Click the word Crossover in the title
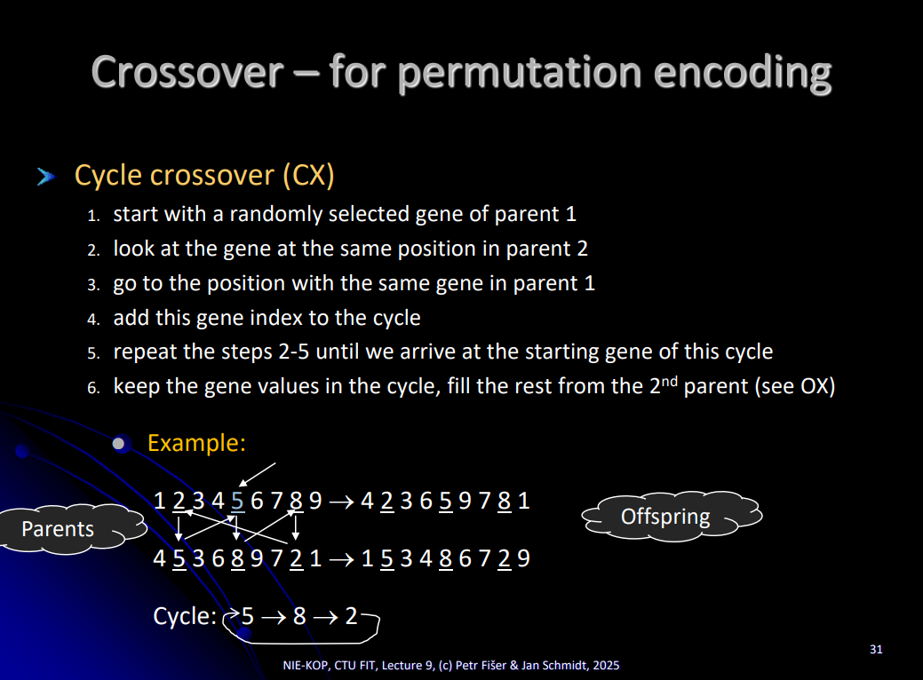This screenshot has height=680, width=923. point(187,72)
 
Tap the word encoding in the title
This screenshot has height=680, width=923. point(743,74)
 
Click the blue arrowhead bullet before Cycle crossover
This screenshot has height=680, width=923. point(46,176)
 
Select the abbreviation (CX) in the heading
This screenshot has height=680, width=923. point(308,175)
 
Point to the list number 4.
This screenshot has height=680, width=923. point(93,319)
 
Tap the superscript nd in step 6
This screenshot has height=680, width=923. point(669,381)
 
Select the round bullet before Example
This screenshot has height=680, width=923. point(119,444)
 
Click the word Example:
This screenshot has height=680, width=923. point(196,442)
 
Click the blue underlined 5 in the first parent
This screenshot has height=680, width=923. point(237,502)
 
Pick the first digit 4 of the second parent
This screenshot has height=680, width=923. point(160,558)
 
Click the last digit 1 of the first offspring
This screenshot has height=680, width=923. point(523,501)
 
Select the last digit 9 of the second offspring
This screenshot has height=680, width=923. point(523,558)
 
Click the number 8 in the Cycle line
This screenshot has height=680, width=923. point(299,616)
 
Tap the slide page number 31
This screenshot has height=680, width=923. point(876,650)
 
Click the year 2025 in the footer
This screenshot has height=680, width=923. point(607,665)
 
